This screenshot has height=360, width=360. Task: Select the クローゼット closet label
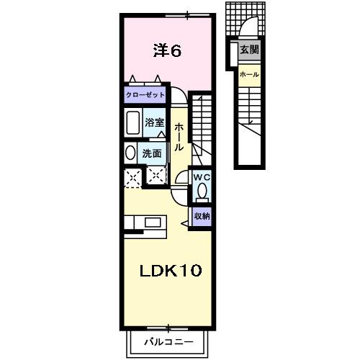tap(145, 95)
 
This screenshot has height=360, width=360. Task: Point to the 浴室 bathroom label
tap(154, 123)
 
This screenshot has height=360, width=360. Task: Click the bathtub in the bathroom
tap(133, 123)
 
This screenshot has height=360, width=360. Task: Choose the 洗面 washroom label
tap(151, 153)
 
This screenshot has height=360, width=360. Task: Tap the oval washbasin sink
tap(130, 153)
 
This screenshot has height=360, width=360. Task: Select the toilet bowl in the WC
tap(202, 192)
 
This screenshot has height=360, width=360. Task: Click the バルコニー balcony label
tap(168, 341)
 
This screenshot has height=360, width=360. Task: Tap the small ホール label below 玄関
tap(249, 74)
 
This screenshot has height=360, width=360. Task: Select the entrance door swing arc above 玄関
tap(249, 29)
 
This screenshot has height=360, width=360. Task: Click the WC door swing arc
tap(180, 181)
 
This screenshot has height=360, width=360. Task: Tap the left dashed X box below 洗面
tap(132, 176)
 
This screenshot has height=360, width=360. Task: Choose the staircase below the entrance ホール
tap(249, 122)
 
